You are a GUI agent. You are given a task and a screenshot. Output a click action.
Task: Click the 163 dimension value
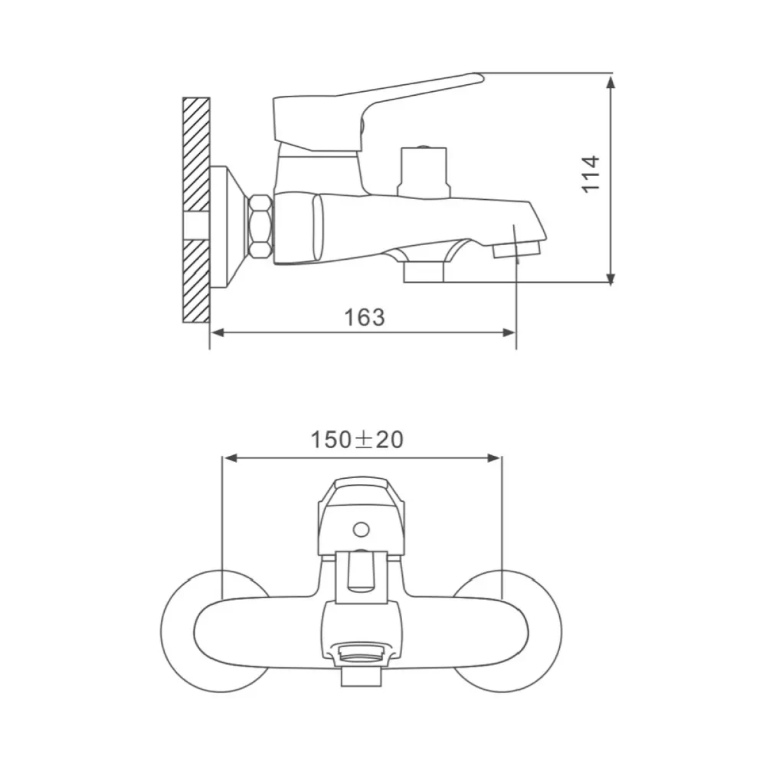click(364, 317)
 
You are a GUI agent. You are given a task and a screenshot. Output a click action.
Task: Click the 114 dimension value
click(590, 174)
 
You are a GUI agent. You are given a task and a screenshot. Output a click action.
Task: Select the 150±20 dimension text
click(357, 440)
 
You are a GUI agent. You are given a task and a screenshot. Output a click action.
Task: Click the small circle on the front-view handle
click(361, 529)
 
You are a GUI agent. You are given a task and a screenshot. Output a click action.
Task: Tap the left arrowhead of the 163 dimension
click(217, 333)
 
